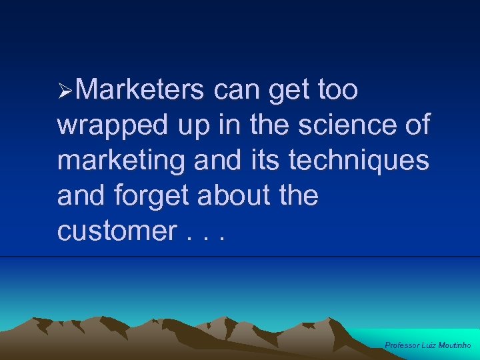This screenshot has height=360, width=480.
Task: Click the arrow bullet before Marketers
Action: tap(65, 90)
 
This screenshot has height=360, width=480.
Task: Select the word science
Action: tap(343, 125)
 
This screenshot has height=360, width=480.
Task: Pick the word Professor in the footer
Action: tap(403, 345)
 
